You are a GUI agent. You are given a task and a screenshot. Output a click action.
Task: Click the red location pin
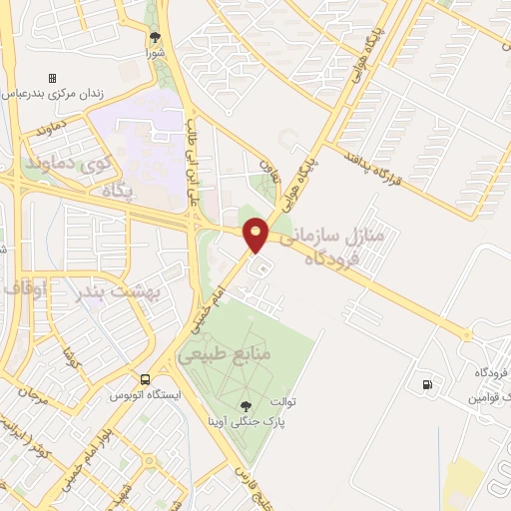[x=256, y=234]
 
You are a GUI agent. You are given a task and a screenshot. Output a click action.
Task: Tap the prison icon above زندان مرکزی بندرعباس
[x=53, y=78]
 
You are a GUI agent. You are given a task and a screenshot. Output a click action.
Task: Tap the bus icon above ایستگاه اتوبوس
[x=146, y=380]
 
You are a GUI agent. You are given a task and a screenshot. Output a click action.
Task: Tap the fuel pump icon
[x=428, y=383]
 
